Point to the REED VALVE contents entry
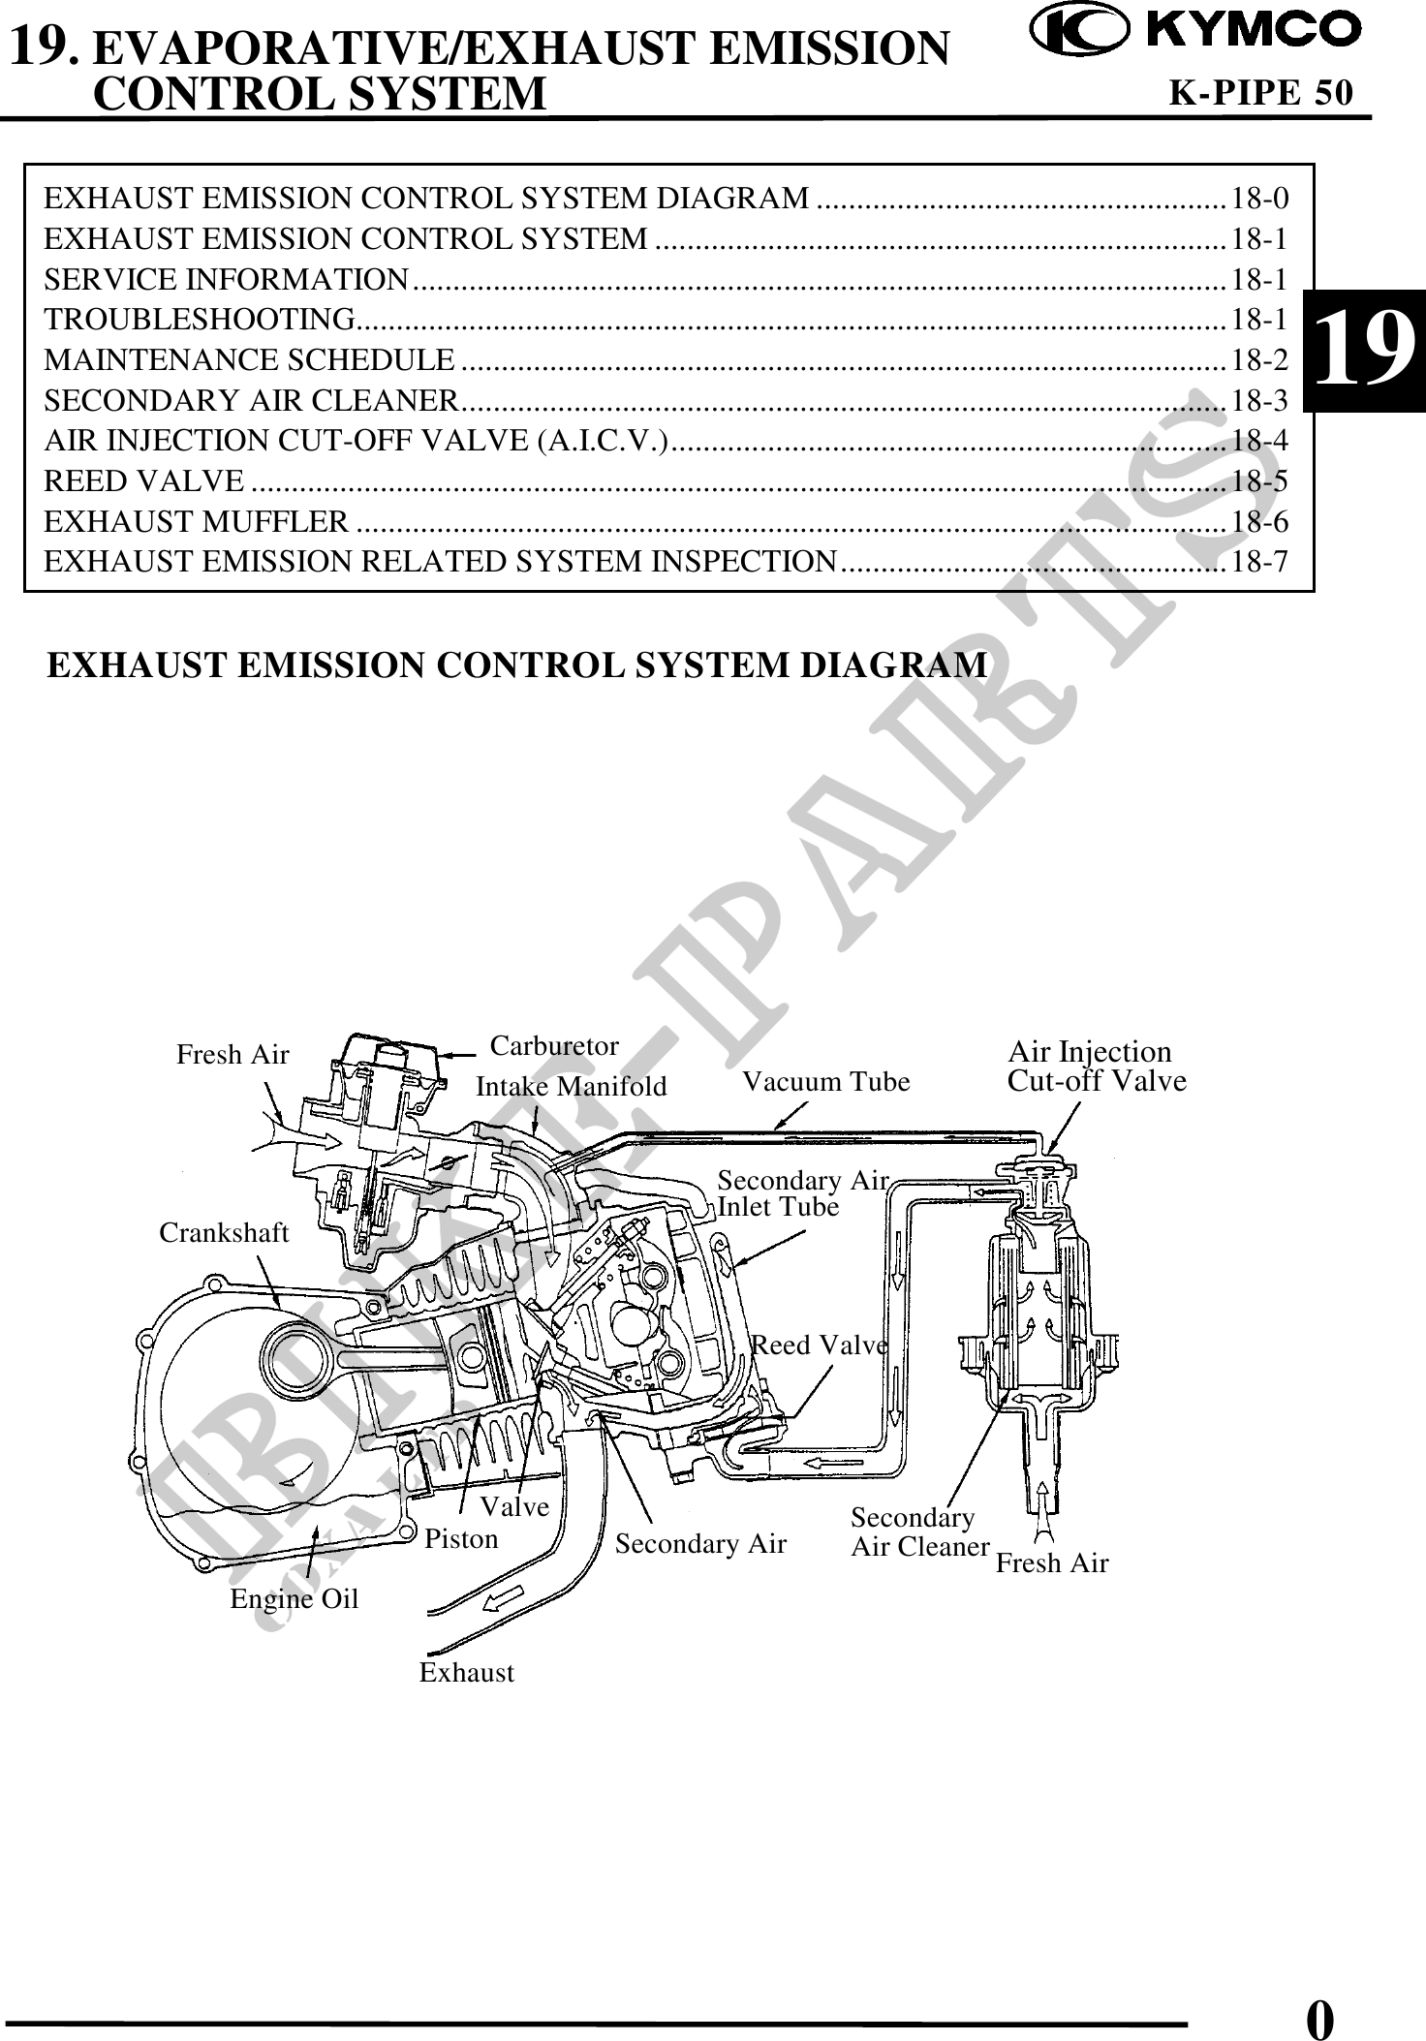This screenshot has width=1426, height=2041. [x=144, y=480]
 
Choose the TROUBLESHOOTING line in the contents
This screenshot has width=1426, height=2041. [x=200, y=319]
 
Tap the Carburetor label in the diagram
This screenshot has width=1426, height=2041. [x=554, y=1046]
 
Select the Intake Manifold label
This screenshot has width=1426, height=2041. [x=572, y=1087]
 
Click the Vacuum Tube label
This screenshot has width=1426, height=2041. [x=826, y=1082]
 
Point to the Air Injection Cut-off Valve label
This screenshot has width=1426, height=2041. [x=1097, y=1067]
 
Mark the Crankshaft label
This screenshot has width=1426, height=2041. [x=224, y=1233]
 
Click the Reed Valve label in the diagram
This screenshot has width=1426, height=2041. [x=820, y=1345]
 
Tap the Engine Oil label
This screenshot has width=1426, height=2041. [x=294, y=1599]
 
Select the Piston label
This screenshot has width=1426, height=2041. [x=462, y=1539]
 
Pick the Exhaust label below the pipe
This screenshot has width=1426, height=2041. [x=467, y=1673]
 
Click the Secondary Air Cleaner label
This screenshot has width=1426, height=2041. [x=919, y=1531]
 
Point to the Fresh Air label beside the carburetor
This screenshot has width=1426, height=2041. [x=232, y=1055]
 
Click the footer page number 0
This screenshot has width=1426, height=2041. [x=1319, y=1994]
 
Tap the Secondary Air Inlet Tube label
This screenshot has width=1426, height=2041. [x=802, y=1193]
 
